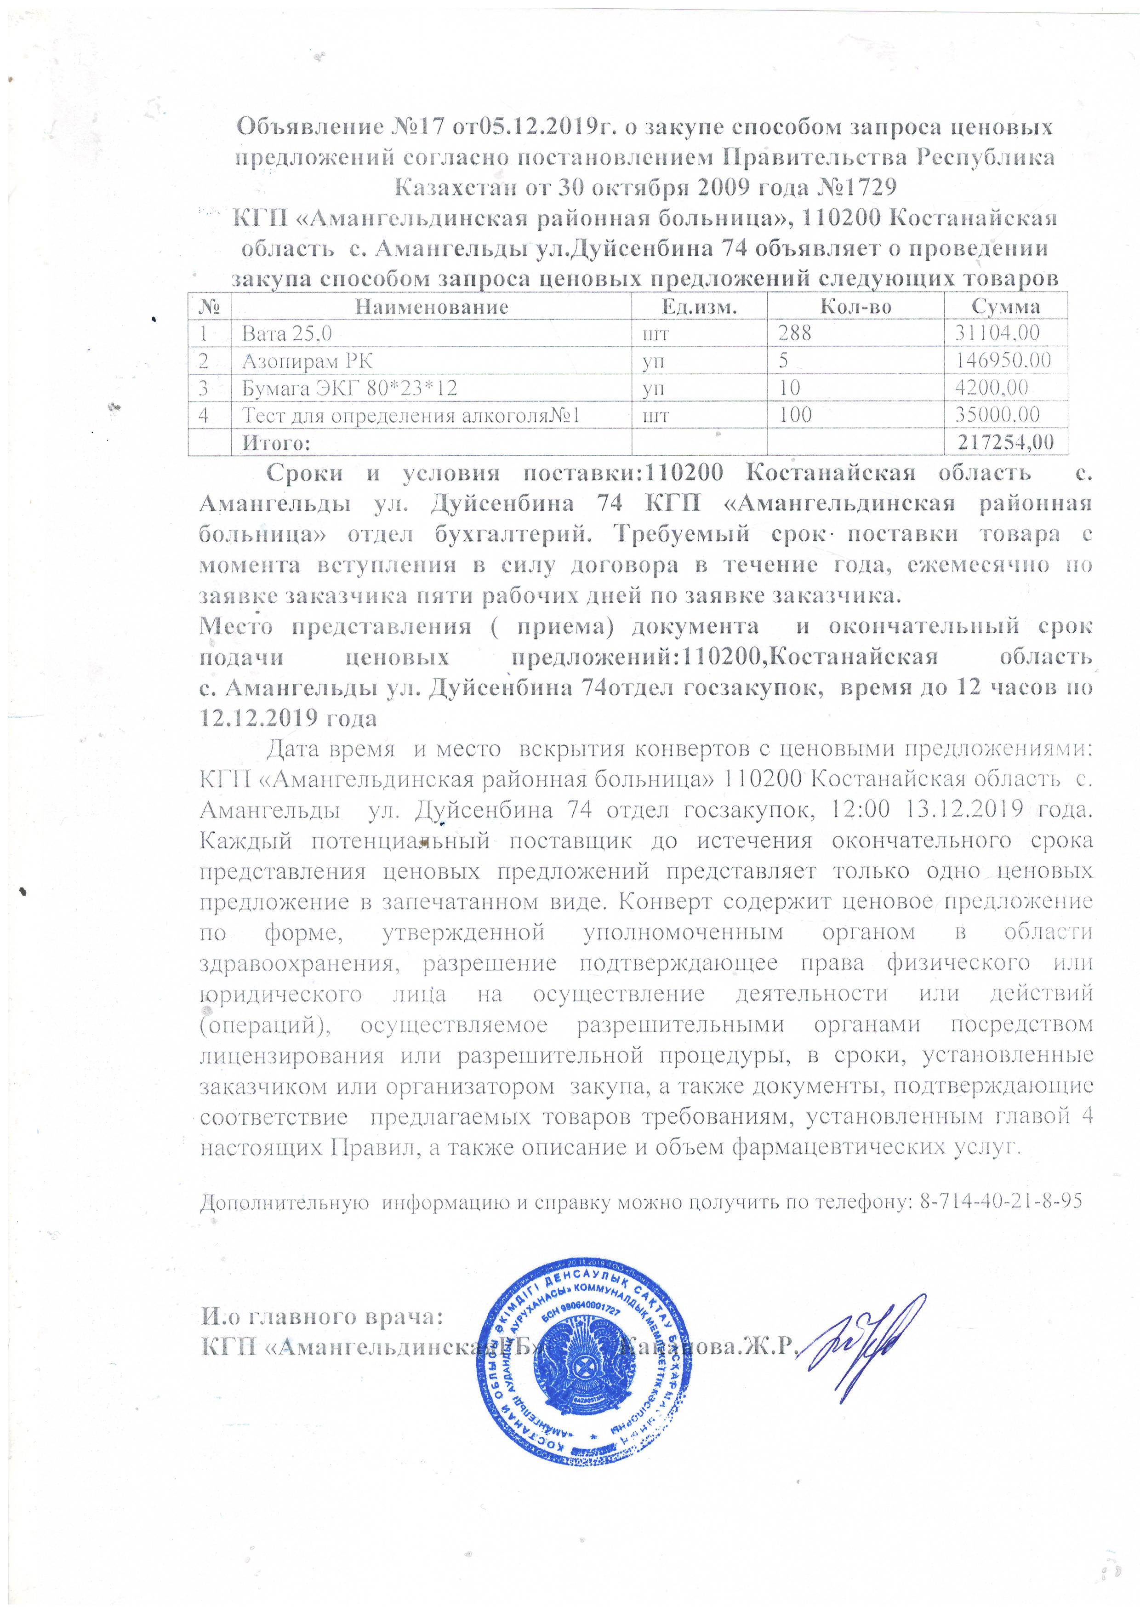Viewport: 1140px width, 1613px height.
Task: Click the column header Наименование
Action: [431, 306]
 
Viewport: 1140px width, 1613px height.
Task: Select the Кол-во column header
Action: [855, 306]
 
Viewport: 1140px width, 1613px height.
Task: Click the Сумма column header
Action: [1005, 306]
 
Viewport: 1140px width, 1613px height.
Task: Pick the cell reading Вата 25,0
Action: [286, 333]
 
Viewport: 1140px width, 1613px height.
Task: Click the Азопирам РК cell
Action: [307, 361]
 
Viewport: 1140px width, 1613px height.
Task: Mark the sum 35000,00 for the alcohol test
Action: [997, 414]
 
